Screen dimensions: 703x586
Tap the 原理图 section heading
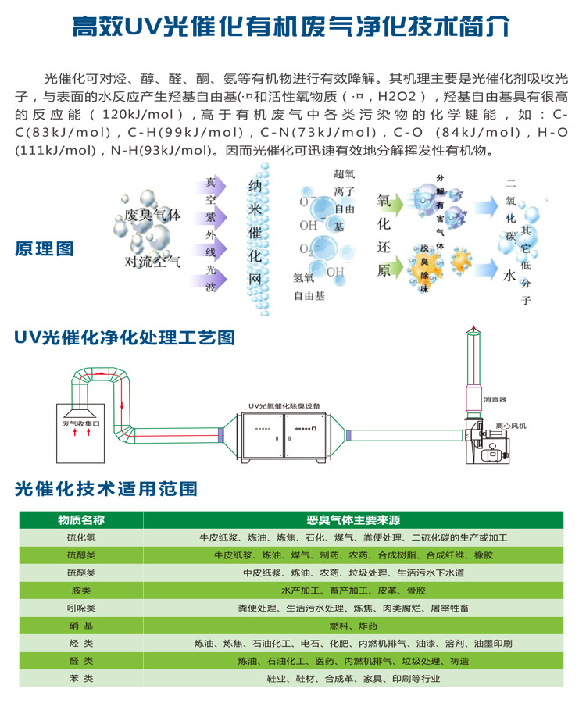(45, 249)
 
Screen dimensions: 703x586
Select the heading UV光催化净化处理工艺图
(124, 338)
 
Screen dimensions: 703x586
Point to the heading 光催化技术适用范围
(105, 489)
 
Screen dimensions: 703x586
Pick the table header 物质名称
(80, 520)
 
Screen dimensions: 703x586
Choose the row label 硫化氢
(80, 538)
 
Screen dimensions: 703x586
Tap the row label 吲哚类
(80, 608)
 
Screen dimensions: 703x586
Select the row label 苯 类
(80, 679)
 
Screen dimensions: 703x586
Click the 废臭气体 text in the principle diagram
(152, 216)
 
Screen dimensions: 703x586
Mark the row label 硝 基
(80, 626)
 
